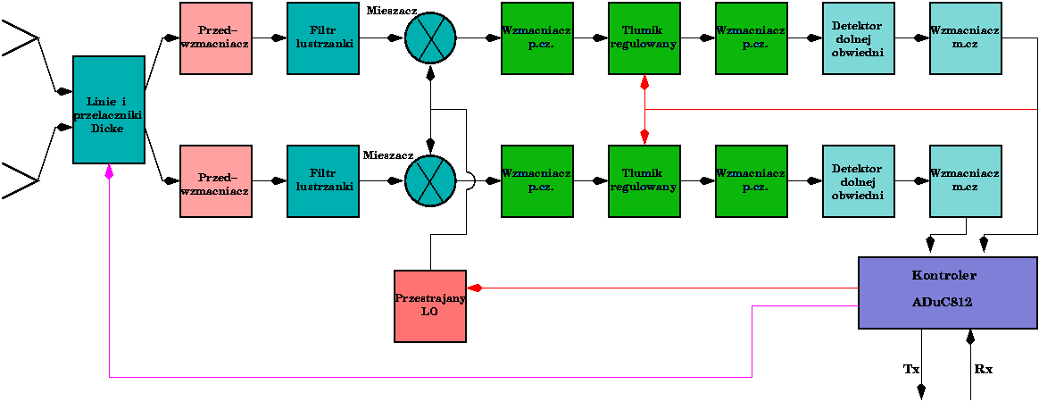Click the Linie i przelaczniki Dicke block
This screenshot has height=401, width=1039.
109,110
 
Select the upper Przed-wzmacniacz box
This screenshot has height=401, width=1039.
216,38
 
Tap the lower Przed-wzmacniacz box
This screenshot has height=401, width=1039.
216,181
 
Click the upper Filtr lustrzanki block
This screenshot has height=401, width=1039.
323,38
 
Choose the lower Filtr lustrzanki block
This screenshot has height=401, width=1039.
323,181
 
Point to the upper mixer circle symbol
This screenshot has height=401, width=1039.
430,38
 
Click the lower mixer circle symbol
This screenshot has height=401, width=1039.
430,181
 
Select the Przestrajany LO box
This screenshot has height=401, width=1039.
430,305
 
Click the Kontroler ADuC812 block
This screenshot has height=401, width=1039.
943,293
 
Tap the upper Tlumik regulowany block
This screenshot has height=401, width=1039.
644,38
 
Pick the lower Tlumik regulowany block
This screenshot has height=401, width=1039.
644,181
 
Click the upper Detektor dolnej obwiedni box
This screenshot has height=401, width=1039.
858,38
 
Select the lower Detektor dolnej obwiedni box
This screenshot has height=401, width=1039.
858,181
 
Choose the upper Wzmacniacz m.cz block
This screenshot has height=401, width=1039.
965,38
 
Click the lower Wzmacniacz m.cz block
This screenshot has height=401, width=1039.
965,181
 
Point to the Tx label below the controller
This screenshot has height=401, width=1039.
910,369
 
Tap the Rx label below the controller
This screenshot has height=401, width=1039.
983,369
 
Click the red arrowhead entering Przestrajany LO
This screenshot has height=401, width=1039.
476,288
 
